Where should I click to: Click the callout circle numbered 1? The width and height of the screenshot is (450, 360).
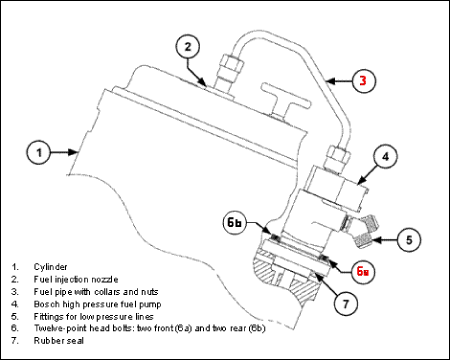pos(39,153)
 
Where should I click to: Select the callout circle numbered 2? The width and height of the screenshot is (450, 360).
pos(188,47)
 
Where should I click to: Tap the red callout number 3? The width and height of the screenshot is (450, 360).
pos(363,81)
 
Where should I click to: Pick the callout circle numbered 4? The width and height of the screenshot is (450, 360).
pos(385,157)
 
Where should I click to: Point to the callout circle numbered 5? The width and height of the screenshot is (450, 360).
pos(409,240)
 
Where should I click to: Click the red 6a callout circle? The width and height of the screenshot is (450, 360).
pos(363,271)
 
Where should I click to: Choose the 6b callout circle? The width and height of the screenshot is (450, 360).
pos(235,223)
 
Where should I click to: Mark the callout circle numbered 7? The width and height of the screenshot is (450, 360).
pos(345,303)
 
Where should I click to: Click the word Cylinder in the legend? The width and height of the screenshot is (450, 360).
pos(50,267)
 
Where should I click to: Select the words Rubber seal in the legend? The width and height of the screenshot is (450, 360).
pos(59,341)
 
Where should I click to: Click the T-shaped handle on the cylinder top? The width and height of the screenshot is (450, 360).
pos(286,101)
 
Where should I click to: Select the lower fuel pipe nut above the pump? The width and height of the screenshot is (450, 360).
pos(337,157)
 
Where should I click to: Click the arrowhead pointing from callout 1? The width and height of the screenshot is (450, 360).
pos(72,152)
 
